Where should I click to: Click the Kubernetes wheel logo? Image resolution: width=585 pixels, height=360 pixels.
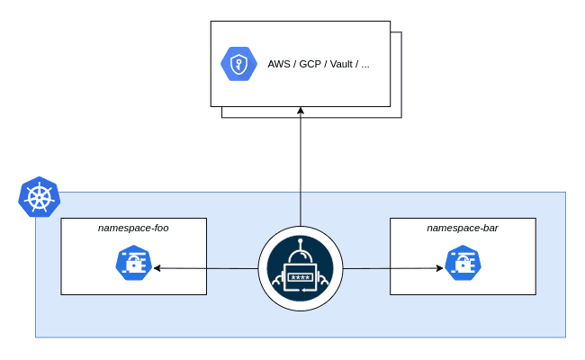pos(39,197)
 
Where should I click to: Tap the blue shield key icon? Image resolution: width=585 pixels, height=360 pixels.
pos(238,64)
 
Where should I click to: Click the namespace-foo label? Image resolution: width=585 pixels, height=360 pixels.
pos(133,228)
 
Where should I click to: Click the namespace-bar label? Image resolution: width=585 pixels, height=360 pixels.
pos(463,228)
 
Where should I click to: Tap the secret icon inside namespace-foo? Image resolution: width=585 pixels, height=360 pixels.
pos(133,264)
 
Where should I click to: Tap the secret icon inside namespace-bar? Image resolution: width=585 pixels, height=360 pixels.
pos(463,264)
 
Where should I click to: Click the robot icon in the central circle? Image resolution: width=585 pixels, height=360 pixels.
pos(301,268)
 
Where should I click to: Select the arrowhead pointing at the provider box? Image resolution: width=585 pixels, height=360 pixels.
pos(301,111)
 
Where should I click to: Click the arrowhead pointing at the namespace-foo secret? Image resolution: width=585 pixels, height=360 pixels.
pos(157,267)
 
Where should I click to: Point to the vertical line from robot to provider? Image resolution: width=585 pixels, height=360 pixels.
pos(301,171)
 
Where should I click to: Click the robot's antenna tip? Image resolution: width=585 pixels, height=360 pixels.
pos(301,241)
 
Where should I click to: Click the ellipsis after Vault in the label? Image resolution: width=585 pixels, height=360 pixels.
pos(364,65)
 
